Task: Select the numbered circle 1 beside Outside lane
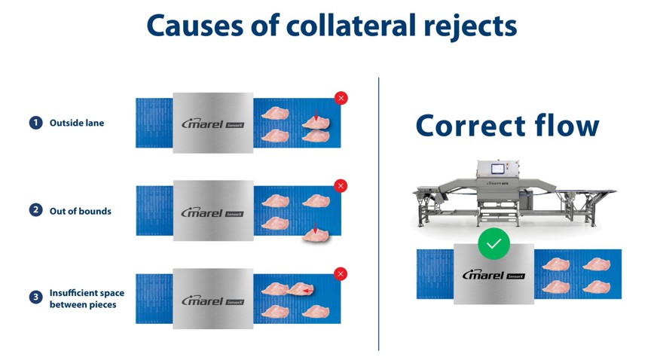[x=35, y=123]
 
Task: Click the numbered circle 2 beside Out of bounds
[x=35, y=211]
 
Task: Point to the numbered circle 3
[x=35, y=297]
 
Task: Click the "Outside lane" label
[x=77, y=123]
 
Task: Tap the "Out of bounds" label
[x=80, y=211]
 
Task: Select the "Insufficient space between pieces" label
[x=87, y=298]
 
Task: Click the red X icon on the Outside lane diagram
[x=341, y=98]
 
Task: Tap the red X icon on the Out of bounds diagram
[x=341, y=185]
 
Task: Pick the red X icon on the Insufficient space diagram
[x=341, y=274]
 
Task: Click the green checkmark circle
[x=494, y=243]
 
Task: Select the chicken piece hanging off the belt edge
[x=316, y=237]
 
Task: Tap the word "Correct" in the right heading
[x=471, y=126]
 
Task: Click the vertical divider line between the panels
[x=378, y=211]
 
